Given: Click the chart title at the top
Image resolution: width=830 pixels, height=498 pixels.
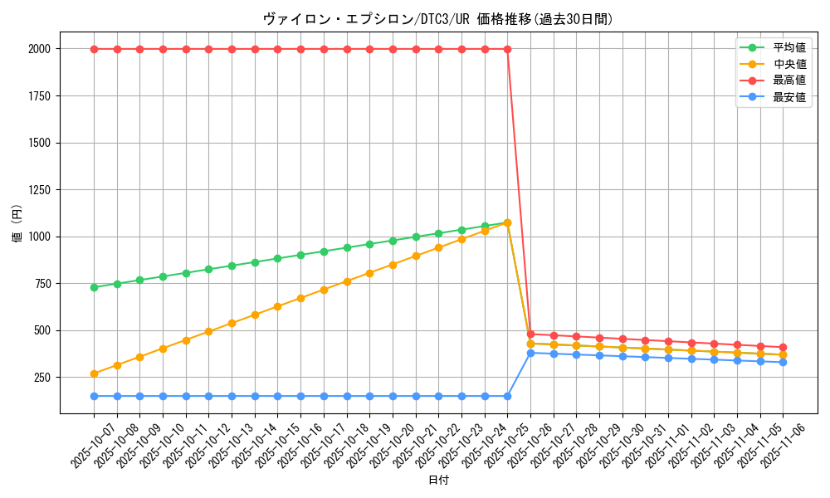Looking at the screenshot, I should pos(438,19).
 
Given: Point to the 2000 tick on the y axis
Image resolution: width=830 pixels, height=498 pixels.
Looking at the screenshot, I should pos(38,49).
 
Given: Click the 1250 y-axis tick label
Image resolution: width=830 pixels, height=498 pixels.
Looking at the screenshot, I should pos(38,190).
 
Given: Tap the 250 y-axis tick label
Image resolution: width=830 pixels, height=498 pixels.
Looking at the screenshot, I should pos(41,378).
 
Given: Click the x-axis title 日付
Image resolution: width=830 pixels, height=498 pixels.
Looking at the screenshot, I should pos(438,481).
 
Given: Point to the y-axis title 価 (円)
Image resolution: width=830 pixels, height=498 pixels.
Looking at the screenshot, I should pos(17,225).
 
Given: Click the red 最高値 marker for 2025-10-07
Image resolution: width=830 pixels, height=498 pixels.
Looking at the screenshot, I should pos(94,49).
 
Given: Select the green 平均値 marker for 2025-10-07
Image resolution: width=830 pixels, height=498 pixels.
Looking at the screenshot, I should pos(94,287).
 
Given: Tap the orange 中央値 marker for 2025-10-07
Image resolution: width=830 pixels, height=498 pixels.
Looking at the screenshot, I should pos(94,373).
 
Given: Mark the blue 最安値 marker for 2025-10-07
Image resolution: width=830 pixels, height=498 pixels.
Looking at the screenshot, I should pos(94,396).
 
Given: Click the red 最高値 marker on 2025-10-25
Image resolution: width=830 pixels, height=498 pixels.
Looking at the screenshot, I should pos(507,49).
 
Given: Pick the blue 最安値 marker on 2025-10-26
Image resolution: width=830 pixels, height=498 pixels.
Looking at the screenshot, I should pos(530,353).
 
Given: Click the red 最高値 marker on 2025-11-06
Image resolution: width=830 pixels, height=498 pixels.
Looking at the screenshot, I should pos(783,347).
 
